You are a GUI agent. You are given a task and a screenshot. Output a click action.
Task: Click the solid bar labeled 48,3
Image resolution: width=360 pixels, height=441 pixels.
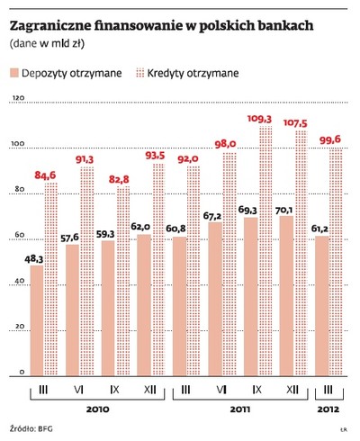pos(37,319)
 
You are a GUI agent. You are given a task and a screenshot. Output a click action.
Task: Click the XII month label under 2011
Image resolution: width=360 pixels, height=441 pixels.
pos(294,390)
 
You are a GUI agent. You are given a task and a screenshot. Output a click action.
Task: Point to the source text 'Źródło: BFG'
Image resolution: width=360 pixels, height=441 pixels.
pos(31,429)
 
